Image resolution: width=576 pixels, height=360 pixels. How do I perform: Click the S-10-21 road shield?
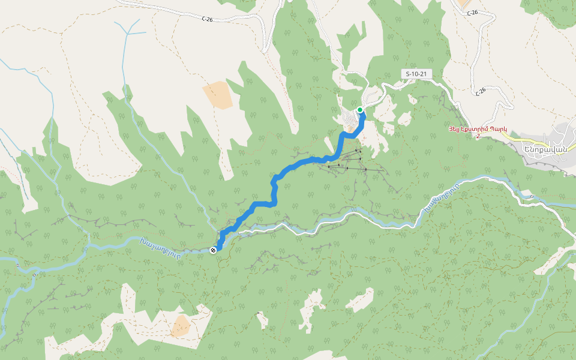416,73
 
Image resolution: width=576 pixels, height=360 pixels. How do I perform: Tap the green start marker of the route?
360,110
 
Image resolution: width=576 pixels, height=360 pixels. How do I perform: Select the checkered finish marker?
213,250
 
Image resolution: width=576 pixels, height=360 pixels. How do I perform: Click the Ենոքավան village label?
545,149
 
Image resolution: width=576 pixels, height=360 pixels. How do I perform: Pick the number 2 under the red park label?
478,136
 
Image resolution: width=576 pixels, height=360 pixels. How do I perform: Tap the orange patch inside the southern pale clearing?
181,326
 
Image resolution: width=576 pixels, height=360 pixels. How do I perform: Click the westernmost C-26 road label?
207,19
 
